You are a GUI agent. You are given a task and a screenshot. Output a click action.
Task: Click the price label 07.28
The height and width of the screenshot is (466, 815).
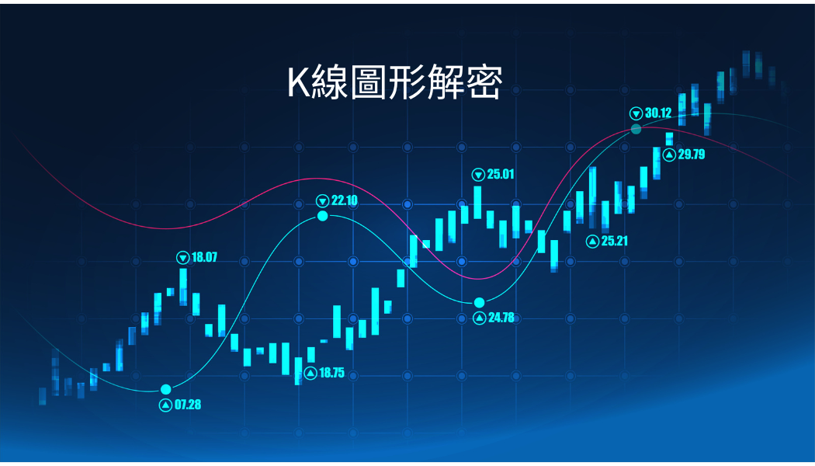coord(188,405)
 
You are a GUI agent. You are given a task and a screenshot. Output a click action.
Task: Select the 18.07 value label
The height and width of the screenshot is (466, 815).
coord(204,257)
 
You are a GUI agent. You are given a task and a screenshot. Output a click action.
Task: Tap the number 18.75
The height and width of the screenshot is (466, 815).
coord(331,373)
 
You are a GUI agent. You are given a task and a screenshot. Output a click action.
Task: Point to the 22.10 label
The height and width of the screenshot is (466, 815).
coord(345,200)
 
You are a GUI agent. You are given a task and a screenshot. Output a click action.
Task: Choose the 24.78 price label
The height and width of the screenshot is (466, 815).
coord(501,317)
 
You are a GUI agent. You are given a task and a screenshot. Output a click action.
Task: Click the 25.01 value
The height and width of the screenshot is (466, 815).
coord(501,174)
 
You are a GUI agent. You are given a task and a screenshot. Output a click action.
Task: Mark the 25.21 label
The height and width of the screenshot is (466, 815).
coord(615,241)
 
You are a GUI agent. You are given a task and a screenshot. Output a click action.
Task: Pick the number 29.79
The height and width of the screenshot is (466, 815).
coord(692,155)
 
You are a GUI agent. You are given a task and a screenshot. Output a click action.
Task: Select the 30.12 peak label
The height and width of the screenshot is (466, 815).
coord(658,113)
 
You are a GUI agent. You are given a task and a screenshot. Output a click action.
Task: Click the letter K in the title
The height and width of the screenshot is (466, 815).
coord(299,82)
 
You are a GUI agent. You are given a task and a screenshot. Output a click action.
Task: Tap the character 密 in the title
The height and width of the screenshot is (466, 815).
coord(484,82)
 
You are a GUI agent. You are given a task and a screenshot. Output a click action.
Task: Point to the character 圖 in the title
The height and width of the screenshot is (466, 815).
coord(368,82)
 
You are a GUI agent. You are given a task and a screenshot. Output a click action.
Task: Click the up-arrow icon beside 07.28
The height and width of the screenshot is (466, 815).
coord(166,405)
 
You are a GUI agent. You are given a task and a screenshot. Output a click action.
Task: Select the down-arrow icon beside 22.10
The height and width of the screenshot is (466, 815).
coord(323,200)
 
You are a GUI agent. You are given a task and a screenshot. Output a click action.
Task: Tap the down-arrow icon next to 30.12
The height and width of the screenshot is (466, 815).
coord(636,113)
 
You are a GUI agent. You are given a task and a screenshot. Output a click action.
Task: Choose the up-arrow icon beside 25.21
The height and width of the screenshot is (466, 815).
coord(592,242)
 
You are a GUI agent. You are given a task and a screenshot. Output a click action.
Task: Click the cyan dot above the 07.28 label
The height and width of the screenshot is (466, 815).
coord(166,390)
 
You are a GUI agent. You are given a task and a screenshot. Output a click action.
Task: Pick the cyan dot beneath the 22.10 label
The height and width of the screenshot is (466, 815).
coord(323,215)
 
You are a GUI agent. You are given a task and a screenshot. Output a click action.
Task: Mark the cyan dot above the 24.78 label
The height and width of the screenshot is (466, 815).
coord(479,303)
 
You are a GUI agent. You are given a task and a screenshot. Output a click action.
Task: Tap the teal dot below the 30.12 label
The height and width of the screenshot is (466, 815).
coord(636,129)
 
